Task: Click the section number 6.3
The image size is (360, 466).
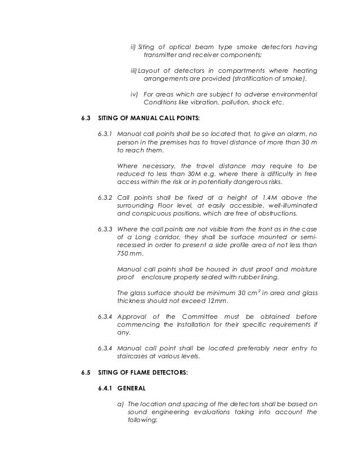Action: click(x=86, y=120)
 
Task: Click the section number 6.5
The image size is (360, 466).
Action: click(x=86, y=374)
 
